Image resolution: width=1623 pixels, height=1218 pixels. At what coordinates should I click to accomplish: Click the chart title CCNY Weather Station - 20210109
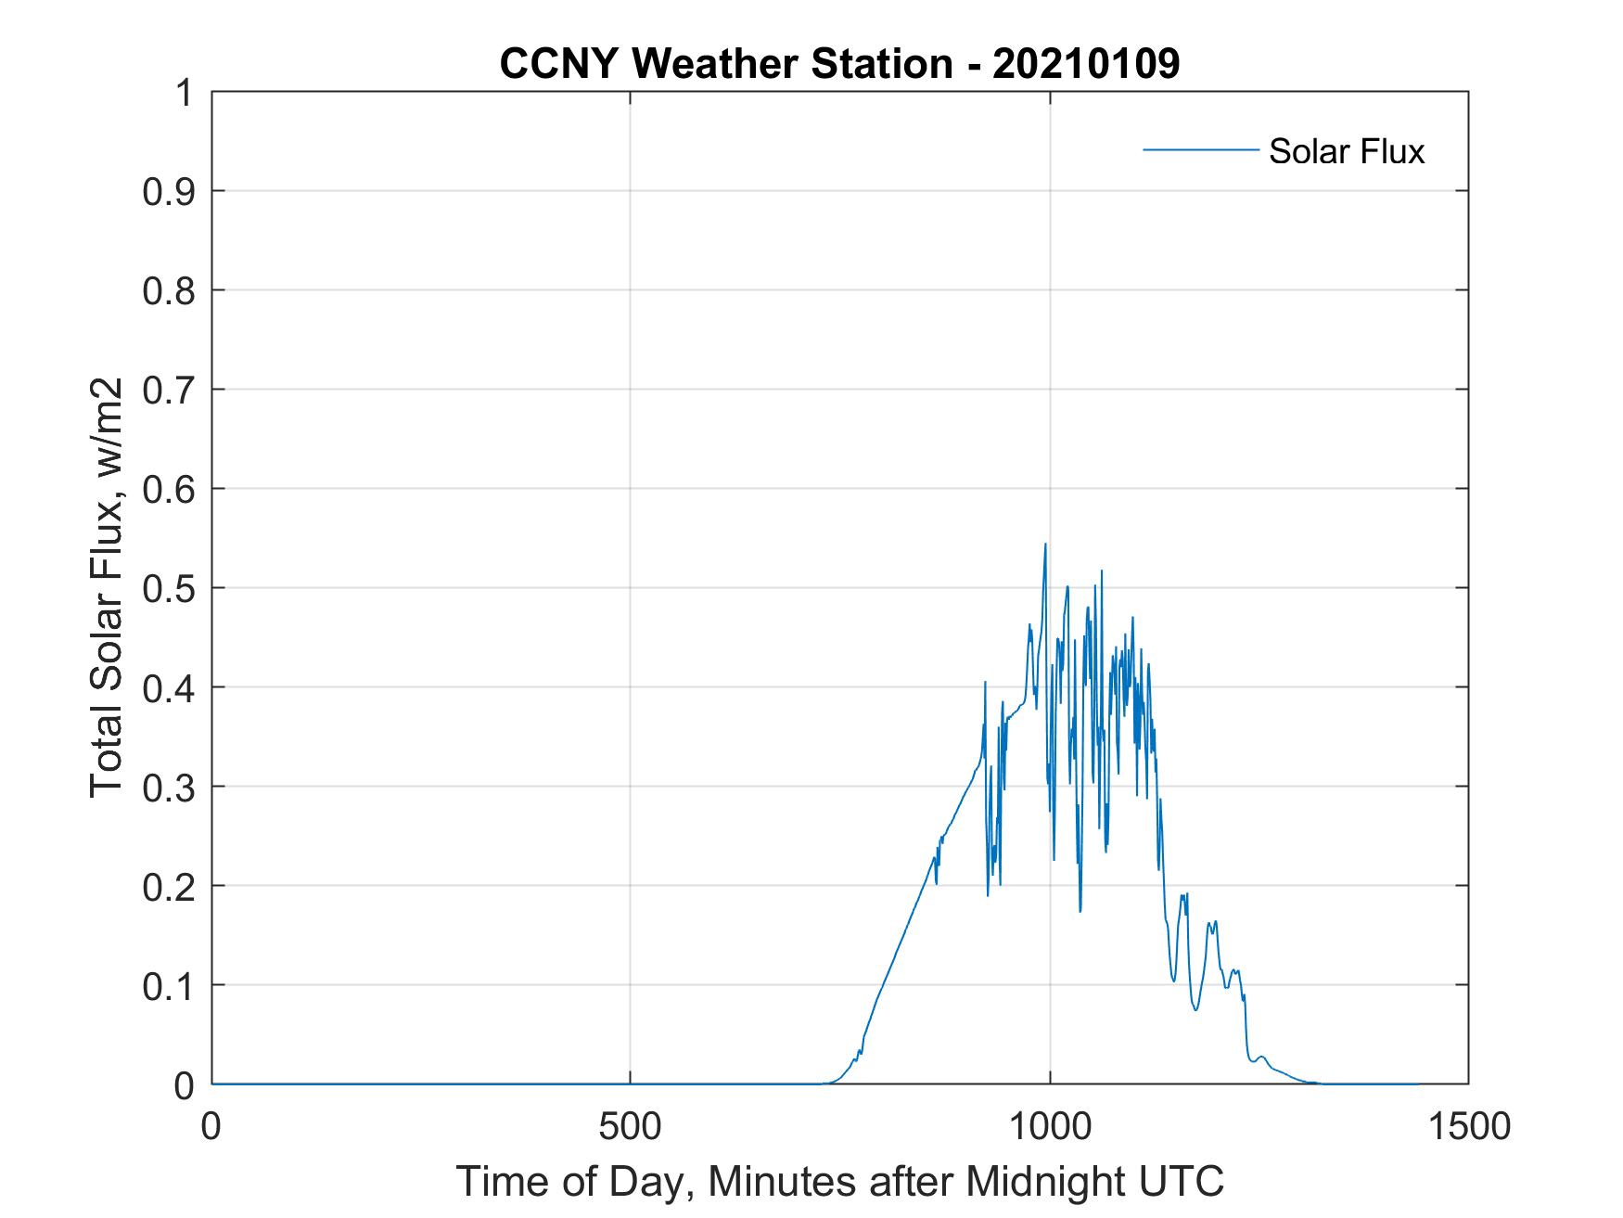839,64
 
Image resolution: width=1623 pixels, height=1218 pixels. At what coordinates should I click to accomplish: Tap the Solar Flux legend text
1346,151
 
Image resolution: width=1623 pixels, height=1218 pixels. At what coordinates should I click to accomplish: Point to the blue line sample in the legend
1200,149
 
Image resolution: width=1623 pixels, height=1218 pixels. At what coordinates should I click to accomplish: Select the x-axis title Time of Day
839,1181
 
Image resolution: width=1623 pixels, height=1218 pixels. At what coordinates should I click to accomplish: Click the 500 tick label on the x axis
630,1126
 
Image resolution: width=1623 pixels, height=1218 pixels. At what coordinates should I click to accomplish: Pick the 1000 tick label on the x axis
1049,1126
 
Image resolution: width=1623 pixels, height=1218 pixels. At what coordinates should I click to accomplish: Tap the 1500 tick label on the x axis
1468,1126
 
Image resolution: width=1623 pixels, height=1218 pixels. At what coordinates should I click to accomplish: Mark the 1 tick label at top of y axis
185,93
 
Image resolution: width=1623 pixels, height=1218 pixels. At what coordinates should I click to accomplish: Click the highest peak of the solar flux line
1045,545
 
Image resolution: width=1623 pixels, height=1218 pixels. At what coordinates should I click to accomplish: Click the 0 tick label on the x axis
211,1126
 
